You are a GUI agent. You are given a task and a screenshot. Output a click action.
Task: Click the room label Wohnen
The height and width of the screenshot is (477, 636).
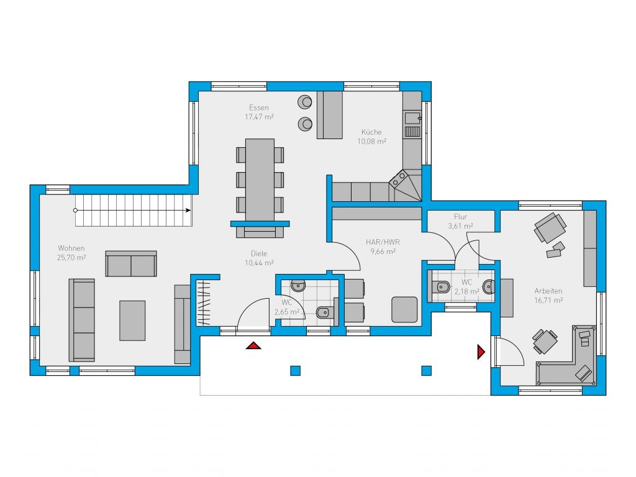71,248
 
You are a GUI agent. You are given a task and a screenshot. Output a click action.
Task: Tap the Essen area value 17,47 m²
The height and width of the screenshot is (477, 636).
259,117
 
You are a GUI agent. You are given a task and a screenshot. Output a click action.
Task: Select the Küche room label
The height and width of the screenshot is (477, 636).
371,132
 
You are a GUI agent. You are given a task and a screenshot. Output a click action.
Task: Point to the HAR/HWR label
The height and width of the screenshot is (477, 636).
383,242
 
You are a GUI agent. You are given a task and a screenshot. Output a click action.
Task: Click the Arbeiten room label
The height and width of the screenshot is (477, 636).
548,291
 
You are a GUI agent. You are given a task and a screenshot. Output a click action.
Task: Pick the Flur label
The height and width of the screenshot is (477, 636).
460,217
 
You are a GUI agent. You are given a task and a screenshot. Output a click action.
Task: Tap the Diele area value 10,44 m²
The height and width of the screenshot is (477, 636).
259,263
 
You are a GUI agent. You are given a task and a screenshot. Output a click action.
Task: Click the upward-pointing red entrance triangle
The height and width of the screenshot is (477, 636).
253,345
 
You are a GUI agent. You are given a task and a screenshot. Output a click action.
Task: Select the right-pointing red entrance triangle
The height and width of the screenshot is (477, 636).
481,352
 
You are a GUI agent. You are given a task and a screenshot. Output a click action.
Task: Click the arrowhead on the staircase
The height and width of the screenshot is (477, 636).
188,210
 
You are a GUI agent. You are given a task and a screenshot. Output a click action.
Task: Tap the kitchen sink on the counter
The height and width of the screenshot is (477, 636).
412,118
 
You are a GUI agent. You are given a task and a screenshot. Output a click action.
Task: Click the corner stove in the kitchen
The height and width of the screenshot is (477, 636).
399,179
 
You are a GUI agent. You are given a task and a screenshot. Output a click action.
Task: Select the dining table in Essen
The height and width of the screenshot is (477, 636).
260,179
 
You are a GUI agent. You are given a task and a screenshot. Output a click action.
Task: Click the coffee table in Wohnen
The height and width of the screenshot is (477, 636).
132,320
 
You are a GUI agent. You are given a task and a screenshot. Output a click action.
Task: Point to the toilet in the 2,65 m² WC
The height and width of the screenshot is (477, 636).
324,312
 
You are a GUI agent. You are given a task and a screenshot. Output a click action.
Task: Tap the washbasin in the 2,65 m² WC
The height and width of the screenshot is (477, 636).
298,286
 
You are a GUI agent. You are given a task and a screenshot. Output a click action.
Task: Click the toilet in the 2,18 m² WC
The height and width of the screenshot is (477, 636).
442,287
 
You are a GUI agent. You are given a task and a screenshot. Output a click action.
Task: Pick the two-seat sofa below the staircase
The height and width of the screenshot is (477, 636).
131,263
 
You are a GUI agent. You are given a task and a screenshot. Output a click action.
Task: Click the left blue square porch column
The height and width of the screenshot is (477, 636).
295,370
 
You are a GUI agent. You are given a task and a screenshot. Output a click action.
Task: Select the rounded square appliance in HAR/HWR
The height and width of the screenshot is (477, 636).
404,309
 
